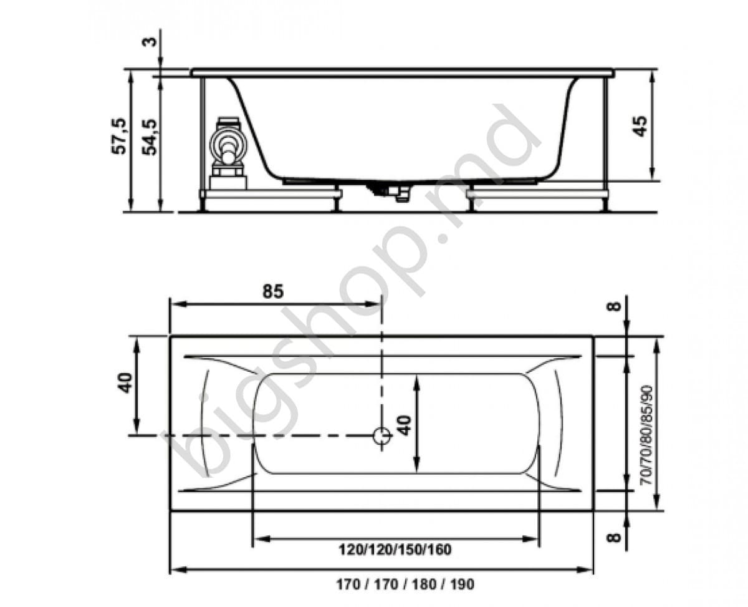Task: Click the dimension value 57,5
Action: [x=120, y=137]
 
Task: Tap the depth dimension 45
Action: [x=641, y=125]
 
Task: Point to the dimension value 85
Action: [x=272, y=291]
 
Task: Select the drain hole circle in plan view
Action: [x=381, y=435]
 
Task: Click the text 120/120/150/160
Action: [x=395, y=550]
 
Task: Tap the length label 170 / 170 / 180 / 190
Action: [x=405, y=585]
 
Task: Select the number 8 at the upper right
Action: [x=615, y=307]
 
